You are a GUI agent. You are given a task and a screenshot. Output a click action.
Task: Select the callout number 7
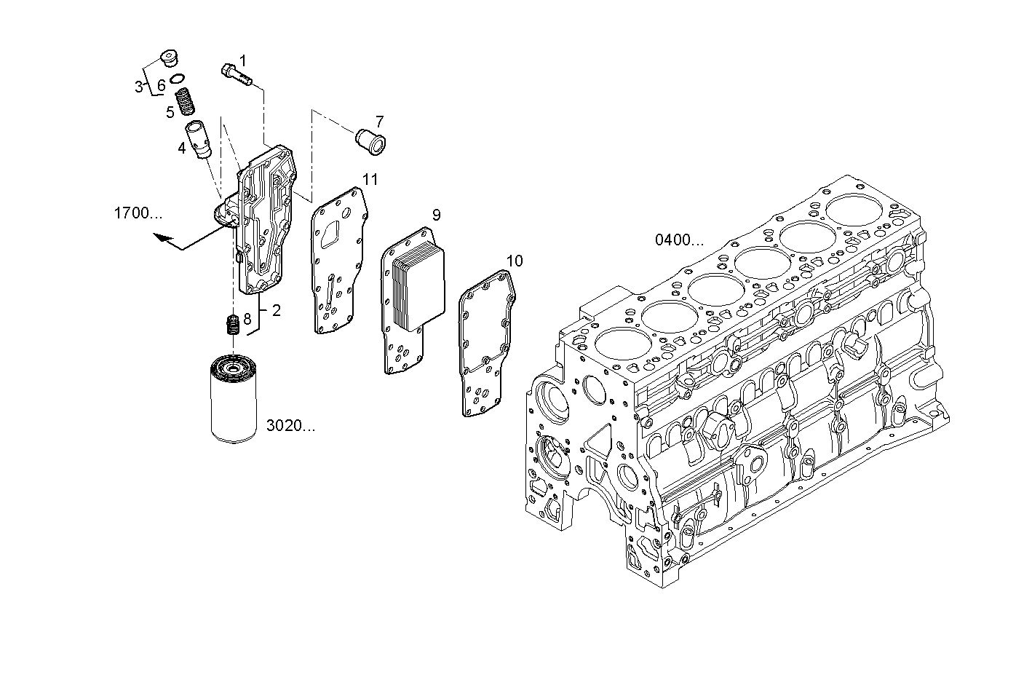tap(379, 122)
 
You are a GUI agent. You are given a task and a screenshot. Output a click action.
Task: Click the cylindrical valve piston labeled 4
tap(197, 138)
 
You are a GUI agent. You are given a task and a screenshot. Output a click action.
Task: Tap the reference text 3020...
tap(290, 426)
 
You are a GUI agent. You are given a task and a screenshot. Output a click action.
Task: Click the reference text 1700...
tap(138, 213)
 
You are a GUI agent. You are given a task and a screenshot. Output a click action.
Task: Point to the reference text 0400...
tap(679, 240)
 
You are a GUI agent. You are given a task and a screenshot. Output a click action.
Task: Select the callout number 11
tap(370, 179)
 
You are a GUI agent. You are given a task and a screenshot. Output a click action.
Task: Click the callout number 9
tap(436, 215)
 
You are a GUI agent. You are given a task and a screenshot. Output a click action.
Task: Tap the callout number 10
tap(514, 261)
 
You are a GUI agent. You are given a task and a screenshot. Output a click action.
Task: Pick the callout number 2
tap(276, 310)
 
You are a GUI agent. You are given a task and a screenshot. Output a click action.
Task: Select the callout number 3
tap(138, 87)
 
